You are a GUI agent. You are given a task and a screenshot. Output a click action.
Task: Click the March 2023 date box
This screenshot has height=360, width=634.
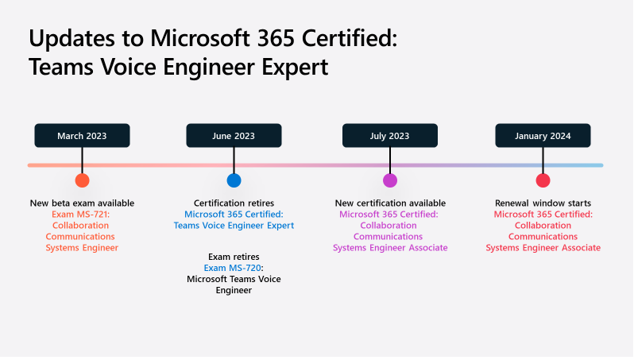click(82, 136)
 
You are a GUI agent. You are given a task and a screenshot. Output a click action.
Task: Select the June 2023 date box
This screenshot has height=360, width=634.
click(234, 136)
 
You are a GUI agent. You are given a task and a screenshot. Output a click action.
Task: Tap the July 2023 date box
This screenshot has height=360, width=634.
click(390, 136)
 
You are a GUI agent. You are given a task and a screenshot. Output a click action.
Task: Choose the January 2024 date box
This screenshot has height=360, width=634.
click(543, 136)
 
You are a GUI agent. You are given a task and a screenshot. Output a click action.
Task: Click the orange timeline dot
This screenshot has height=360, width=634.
click(82, 180)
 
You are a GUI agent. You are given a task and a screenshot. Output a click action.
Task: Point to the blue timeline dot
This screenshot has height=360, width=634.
click(234, 180)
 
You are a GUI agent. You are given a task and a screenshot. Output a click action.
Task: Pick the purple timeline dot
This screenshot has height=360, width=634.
click(390, 180)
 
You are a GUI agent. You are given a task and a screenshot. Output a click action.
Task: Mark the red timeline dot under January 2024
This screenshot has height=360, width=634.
click(543, 180)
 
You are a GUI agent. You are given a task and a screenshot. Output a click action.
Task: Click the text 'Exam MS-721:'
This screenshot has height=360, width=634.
click(80, 215)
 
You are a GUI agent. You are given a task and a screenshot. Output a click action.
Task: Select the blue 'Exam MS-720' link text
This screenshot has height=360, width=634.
click(232, 268)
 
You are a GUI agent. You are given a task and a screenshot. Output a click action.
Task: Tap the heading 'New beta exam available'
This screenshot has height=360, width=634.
click(82, 203)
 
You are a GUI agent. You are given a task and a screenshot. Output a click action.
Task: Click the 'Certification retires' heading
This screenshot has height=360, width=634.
click(234, 203)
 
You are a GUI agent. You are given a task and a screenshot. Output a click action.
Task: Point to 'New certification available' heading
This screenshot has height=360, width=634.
click(390, 203)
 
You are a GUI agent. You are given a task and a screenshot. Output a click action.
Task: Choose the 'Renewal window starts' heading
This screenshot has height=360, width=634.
click(543, 203)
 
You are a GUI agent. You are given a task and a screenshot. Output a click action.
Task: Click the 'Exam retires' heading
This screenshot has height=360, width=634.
click(234, 257)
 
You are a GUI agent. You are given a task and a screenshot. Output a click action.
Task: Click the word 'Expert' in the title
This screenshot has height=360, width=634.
click(295, 67)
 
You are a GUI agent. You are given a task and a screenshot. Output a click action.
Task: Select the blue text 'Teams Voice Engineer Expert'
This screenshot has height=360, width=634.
click(234, 226)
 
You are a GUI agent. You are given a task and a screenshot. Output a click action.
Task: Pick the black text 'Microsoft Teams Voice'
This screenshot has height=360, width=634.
click(234, 279)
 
